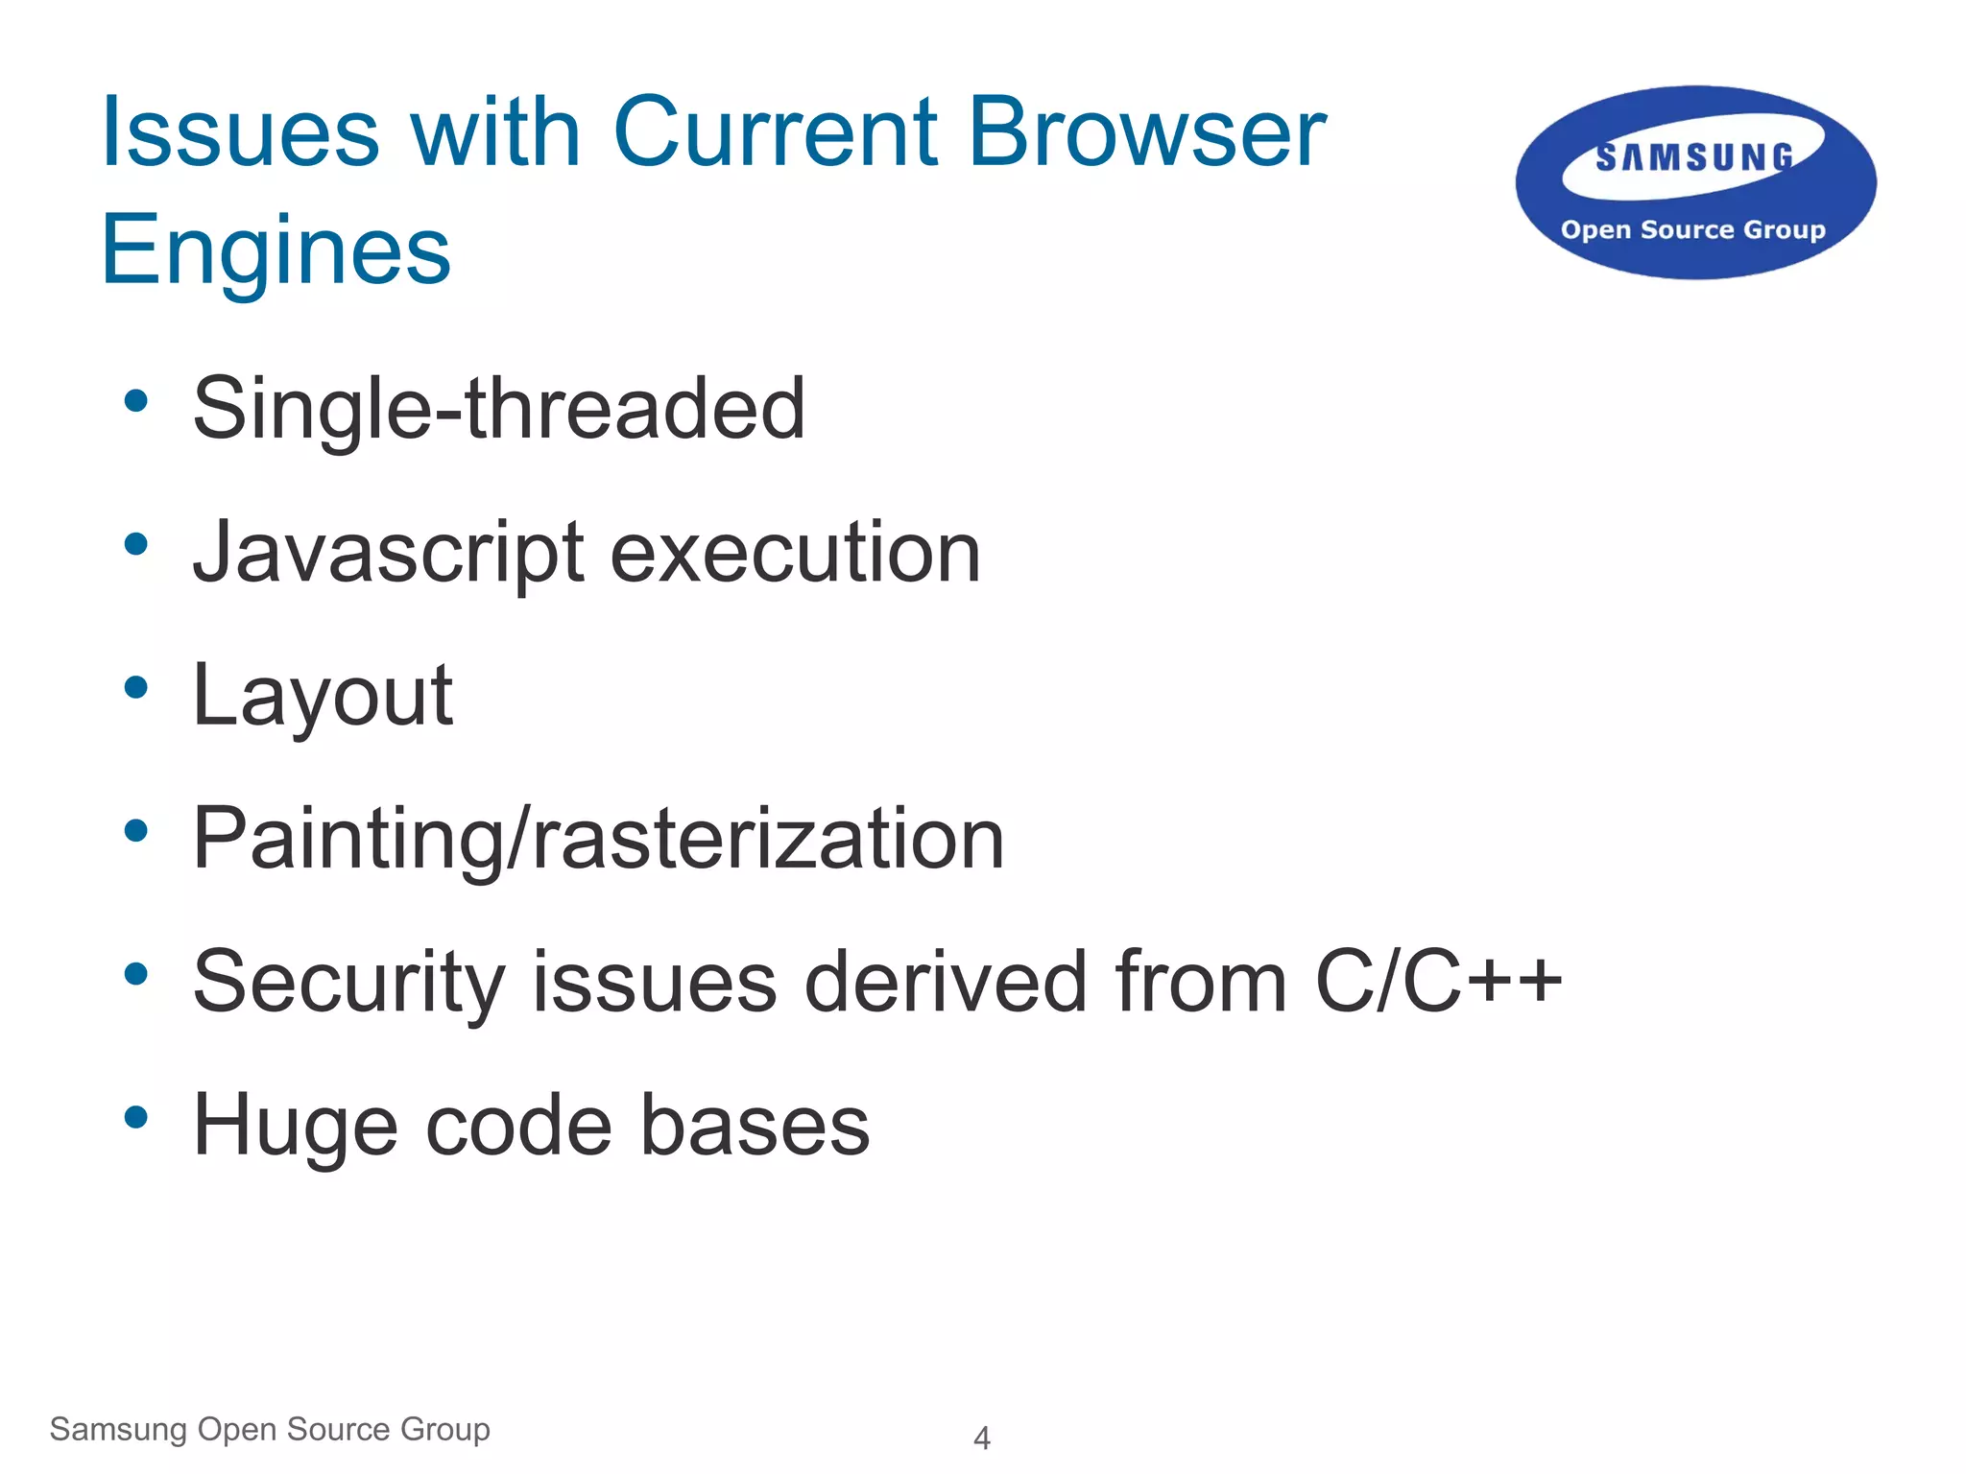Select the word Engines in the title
tap(276, 251)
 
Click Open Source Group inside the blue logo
tap(1692, 230)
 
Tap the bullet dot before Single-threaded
tap(136, 401)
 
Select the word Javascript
tap(388, 554)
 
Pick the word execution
tap(795, 554)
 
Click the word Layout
tap(323, 697)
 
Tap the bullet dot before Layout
tap(136, 687)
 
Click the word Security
tap(348, 983)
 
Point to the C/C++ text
tap(1438, 983)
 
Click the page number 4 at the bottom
tap(981, 1438)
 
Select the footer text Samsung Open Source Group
tap(270, 1430)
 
